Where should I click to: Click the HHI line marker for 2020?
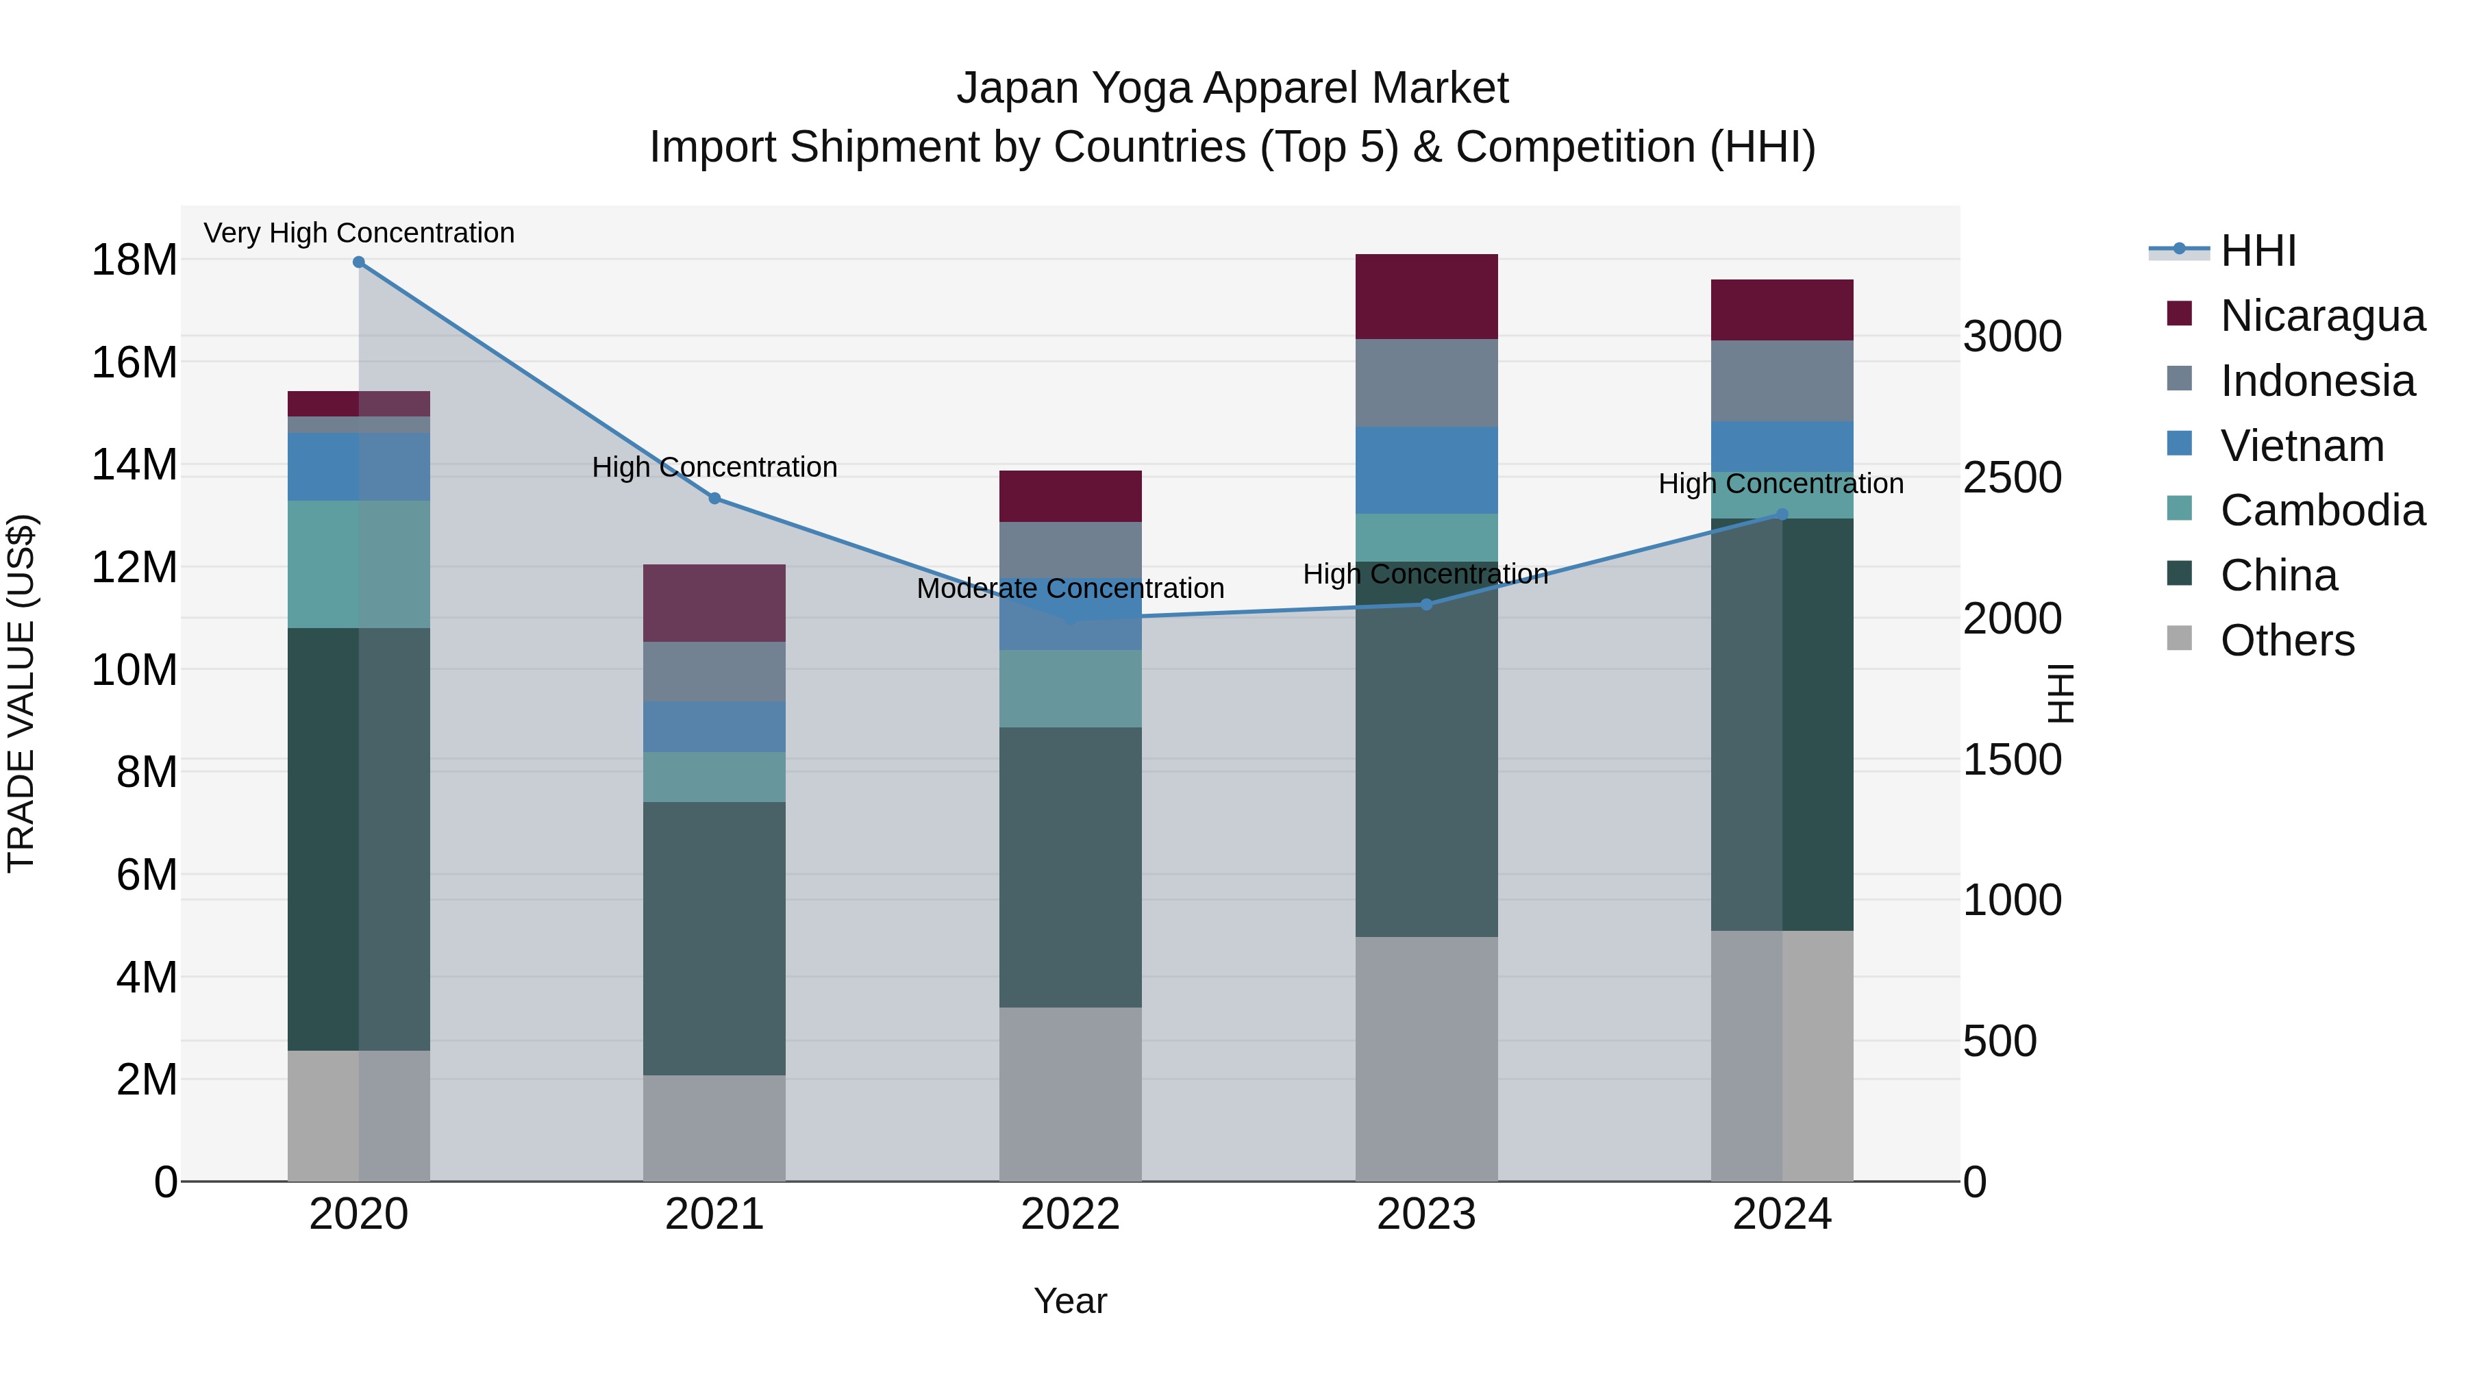(359, 262)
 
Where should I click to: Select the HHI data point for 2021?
(714, 499)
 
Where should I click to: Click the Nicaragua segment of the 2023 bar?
(1426, 297)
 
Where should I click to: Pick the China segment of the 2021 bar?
(714, 938)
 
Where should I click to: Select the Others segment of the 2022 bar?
(1070, 1093)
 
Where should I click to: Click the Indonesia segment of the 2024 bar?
(1782, 381)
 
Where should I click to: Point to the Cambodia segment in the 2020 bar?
(359, 565)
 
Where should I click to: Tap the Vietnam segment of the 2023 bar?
(1426, 470)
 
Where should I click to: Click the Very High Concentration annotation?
(359, 234)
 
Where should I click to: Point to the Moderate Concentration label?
(1070, 588)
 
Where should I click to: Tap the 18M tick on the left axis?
(134, 260)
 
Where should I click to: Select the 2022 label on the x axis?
(1070, 1214)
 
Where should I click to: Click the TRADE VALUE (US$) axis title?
(21, 693)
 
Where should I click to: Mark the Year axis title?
(1070, 1301)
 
